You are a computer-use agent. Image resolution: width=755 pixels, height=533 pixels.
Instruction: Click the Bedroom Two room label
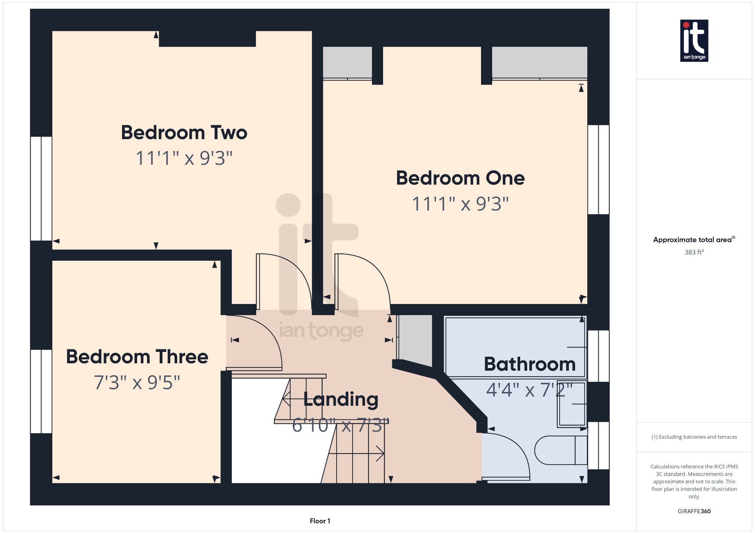point(184,133)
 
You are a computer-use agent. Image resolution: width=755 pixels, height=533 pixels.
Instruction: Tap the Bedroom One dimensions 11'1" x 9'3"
point(460,204)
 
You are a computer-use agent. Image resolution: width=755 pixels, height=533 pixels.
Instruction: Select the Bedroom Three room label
point(137,357)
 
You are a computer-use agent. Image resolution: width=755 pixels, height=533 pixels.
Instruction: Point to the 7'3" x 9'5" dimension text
point(137,383)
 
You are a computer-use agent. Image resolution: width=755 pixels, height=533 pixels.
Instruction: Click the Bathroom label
point(529,364)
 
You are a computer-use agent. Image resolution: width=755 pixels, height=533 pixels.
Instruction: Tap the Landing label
point(341,399)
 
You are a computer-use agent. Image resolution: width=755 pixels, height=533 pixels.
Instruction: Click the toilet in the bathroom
point(560,450)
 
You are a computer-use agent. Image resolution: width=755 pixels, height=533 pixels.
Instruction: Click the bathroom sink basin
point(572,404)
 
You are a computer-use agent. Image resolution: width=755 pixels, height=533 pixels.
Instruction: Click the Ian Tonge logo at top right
point(694,40)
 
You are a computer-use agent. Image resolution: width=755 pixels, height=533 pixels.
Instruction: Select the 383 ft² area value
point(694,252)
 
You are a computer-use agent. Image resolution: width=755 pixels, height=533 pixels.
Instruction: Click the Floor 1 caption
point(320,521)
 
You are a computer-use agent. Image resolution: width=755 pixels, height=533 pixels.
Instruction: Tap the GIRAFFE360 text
point(694,511)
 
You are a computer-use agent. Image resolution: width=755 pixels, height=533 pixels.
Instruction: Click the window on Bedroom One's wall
point(598,170)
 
